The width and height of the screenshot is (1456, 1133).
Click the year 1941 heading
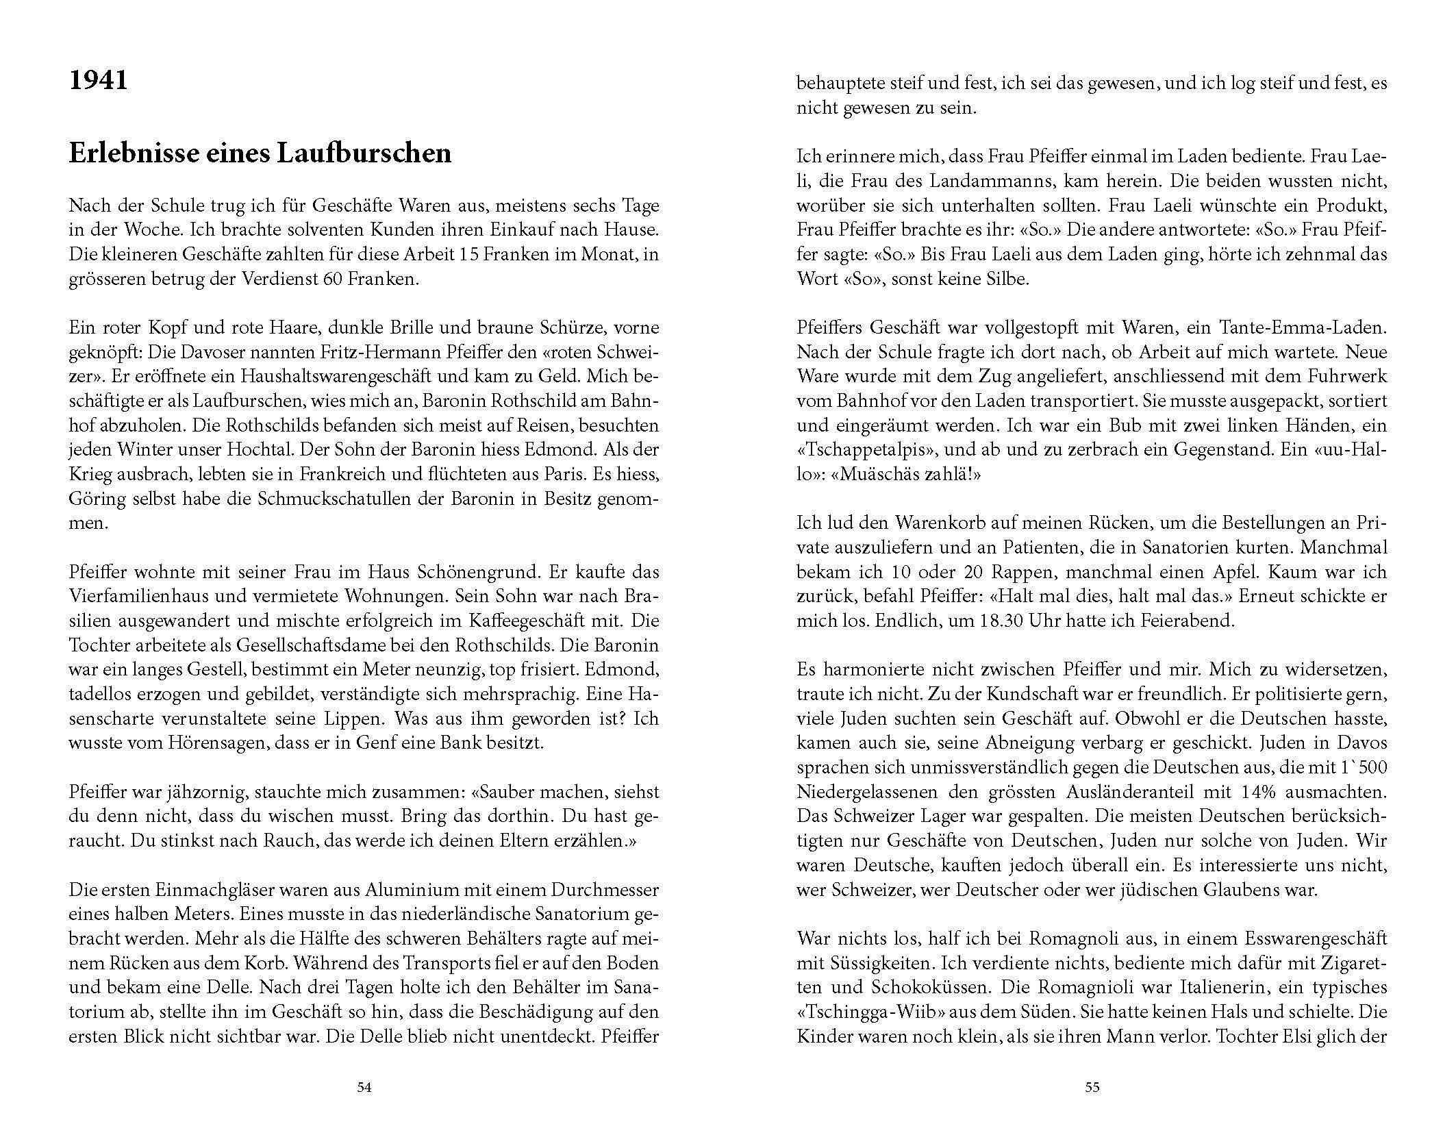click(98, 82)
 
